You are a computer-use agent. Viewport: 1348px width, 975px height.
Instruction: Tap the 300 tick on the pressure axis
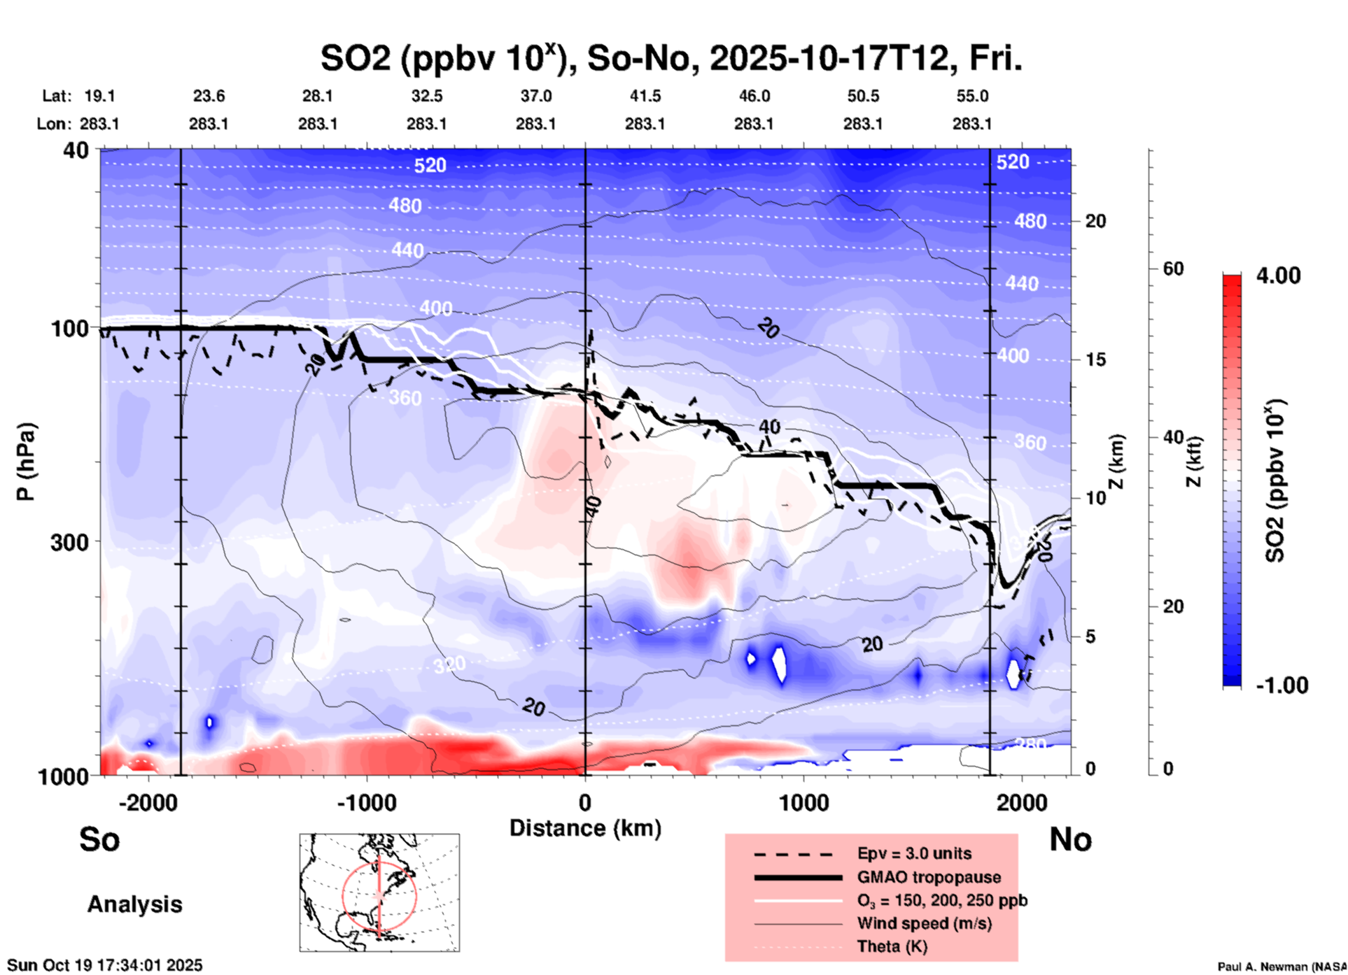click(x=69, y=542)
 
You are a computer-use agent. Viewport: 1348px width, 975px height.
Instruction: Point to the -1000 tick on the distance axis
click(x=366, y=802)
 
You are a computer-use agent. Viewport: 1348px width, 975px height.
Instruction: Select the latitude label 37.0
click(x=535, y=96)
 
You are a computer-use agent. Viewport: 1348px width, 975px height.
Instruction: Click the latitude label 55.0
click(x=971, y=96)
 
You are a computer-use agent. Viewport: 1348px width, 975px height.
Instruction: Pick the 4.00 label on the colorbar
click(x=1278, y=276)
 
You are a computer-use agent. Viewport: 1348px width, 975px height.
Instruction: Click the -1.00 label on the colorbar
click(x=1282, y=685)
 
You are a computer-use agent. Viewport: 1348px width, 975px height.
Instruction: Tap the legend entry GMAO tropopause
click(x=929, y=877)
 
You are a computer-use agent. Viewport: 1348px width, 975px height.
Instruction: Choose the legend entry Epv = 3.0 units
click(x=914, y=853)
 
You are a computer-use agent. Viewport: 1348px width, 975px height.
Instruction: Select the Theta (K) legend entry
click(x=892, y=946)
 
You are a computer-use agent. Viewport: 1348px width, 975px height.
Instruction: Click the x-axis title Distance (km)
click(x=585, y=828)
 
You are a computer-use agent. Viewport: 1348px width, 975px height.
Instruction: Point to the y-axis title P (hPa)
click(x=26, y=462)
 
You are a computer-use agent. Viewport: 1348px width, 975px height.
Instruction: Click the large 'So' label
click(x=99, y=839)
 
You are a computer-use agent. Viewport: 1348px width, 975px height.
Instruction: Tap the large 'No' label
click(x=1070, y=839)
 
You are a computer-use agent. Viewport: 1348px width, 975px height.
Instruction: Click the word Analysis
click(x=134, y=904)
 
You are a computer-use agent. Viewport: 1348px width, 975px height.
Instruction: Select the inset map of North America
click(x=379, y=892)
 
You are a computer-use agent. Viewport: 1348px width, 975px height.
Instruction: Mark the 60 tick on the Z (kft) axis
click(x=1173, y=269)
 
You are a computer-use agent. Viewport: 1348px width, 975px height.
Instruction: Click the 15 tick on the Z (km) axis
click(x=1095, y=360)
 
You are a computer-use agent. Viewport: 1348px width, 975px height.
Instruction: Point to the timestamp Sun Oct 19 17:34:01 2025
click(x=105, y=965)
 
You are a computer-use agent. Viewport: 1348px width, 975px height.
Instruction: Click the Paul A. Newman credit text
click(x=1281, y=967)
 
